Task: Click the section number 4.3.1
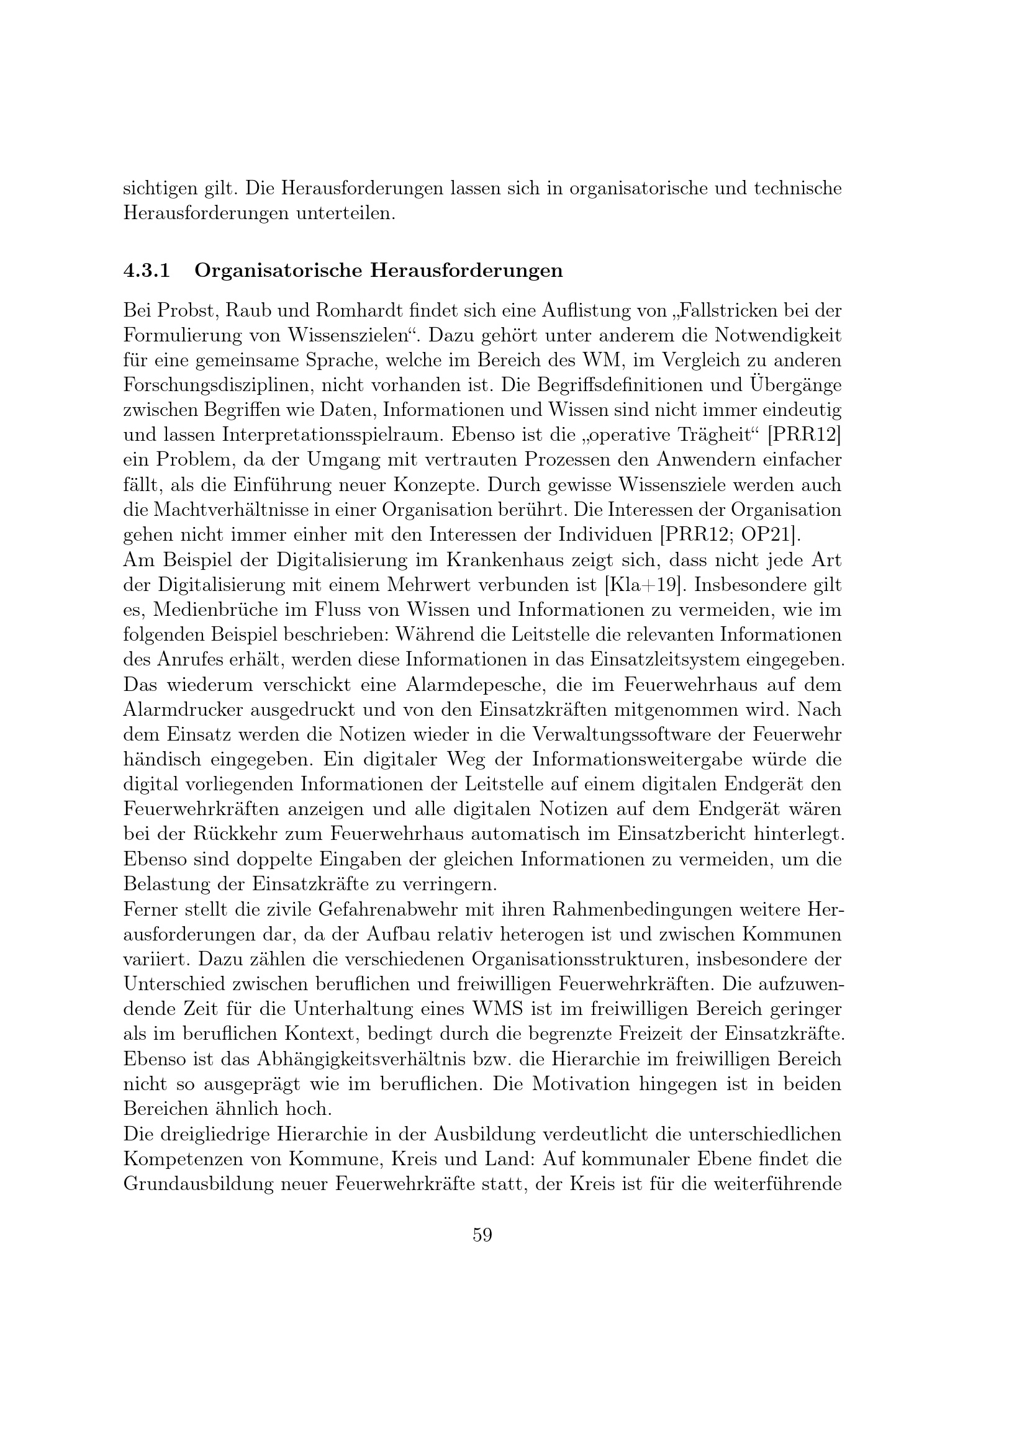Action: point(147,271)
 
